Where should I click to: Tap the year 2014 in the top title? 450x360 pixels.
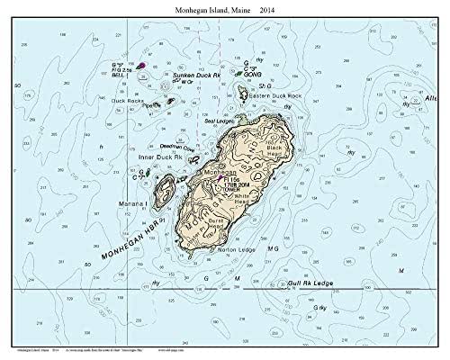click(267, 8)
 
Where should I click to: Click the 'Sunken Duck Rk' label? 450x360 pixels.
click(173, 75)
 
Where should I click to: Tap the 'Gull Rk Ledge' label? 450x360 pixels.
click(309, 283)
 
